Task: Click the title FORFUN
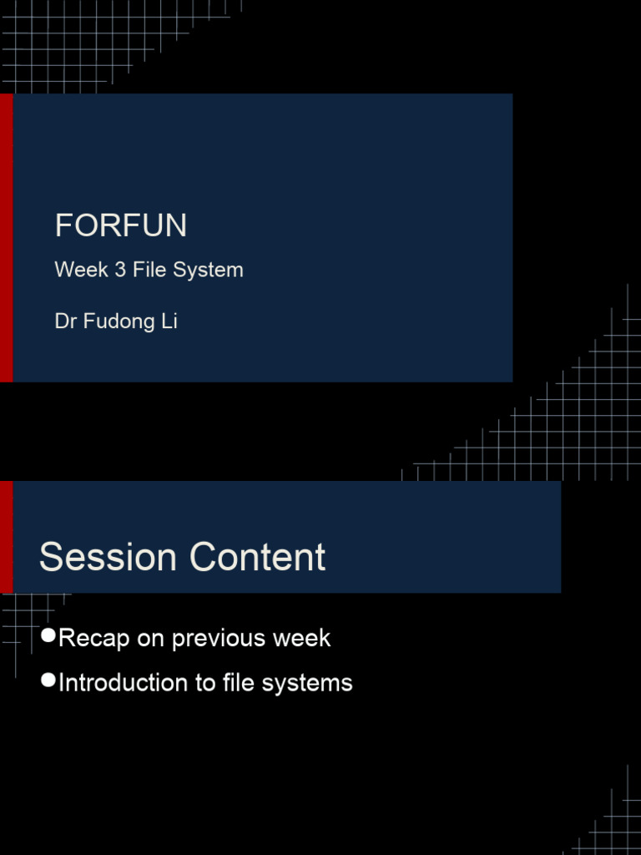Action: (x=121, y=225)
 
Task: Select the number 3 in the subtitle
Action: (x=120, y=270)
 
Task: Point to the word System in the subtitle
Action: (x=208, y=271)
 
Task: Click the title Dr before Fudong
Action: (x=65, y=321)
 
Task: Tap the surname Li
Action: (x=169, y=321)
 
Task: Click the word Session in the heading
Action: (x=108, y=557)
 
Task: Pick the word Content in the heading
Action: (x=257, y=557)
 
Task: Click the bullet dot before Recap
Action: (x=48, y=635)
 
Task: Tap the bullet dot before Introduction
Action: (x=48, y=680)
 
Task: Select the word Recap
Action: (x=93, y=639)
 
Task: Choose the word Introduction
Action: (x=129, y=683)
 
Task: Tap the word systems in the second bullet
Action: (x=307, y=684)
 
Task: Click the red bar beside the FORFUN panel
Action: (x=6, y=238)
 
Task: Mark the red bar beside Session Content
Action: (x=6, y=537)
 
